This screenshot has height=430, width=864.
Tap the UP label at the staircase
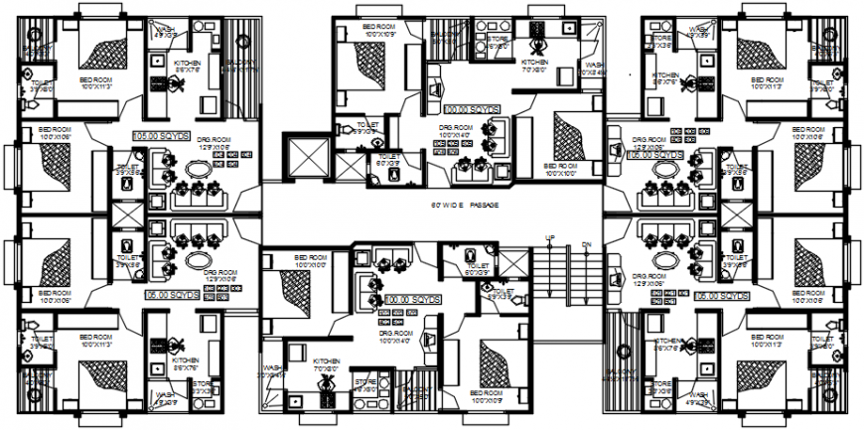549,237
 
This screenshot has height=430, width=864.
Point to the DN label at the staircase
586,241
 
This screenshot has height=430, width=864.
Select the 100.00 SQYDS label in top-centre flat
470,111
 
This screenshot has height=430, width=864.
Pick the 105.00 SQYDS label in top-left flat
160,132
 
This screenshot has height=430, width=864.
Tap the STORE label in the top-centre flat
498,42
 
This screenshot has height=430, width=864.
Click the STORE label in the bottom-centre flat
364,382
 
